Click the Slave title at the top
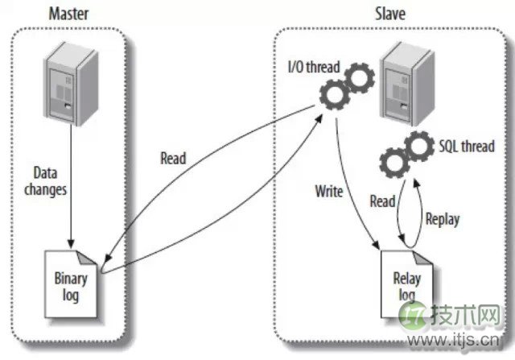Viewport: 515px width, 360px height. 389,13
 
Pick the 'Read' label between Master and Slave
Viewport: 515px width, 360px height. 172,158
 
